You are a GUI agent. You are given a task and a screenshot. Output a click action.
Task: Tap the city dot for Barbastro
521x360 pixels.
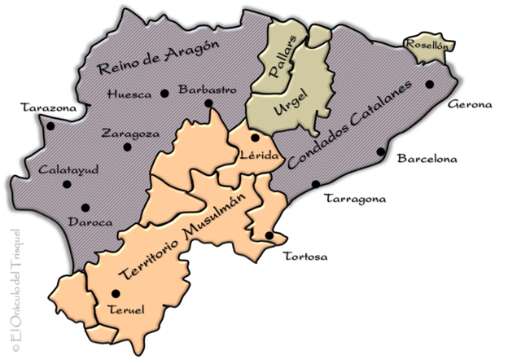click(209, 103)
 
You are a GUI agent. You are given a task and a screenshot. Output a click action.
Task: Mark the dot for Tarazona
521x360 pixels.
click(50, 126)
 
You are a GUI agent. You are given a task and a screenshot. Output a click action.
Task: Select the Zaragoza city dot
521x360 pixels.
click(127, 147)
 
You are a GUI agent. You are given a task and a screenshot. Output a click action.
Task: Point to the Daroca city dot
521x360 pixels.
click(85, 207)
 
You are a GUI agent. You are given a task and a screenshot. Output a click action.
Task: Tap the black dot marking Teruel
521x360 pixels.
click(116, 293)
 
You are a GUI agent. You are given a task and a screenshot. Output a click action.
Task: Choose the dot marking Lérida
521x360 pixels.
click(255, 138)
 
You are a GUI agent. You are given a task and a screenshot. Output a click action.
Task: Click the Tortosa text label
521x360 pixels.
click(304, 257)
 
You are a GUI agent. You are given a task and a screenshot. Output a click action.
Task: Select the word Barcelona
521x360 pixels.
click(427, 158)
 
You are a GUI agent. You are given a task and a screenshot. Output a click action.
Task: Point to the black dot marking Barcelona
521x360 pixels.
click(380, 151)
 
